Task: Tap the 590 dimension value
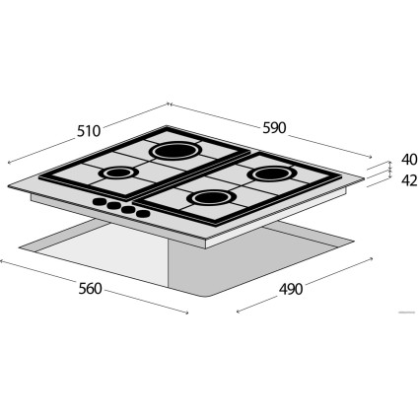coord(274,127)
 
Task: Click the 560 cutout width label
coord(91,290)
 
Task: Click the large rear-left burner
coord(174,151)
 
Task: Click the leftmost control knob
coord(98,203)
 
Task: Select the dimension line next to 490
coord(296,283)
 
